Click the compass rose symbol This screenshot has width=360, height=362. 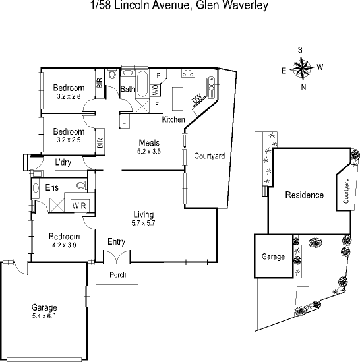(x=302, y=69)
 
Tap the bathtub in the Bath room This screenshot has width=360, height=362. (x=142, y=84)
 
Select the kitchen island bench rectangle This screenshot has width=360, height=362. (x=177, y=99)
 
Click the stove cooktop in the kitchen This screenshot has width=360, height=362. (x=188, y=73)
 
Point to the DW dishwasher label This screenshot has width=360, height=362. (x=196, y=99)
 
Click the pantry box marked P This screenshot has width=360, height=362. (x=158, y=76)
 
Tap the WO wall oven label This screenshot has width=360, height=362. (x=155, y=90)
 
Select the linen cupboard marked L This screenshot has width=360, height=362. (x=124, y=121)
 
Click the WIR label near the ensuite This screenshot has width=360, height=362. (x=79, y=206)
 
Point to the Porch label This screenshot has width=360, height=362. (x=118, y=275)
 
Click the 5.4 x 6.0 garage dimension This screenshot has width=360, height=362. (x=44, y=316)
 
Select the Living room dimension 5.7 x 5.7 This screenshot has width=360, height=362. (x=143, y=223)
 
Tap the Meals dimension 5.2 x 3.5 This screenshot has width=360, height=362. (x=149, y=152)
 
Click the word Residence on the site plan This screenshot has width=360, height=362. (x=305, y=195)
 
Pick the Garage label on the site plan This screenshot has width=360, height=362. (x=273, y=256)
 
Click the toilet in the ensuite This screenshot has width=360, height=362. (x=82, y=185)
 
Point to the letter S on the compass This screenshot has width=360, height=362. (x=300, y=50)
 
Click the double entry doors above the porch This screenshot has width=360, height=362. (x=117, y=256)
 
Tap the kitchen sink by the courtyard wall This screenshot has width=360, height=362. (x=211, y=88)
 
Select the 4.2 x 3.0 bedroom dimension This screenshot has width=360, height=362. (x=64, y=245)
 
